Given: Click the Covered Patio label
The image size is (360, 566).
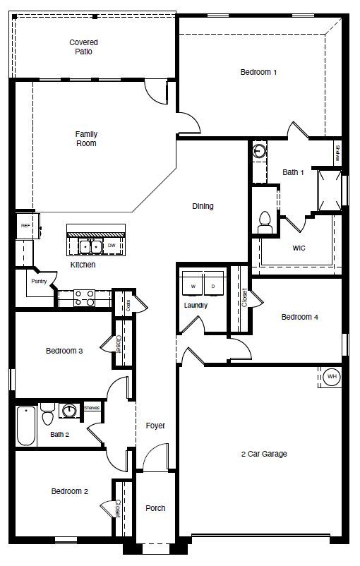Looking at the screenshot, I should (83, 47).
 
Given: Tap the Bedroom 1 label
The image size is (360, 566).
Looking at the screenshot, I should (258, 72).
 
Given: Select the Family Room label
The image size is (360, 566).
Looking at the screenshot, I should (86, 138).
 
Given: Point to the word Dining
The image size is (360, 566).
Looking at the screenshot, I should (203, 206).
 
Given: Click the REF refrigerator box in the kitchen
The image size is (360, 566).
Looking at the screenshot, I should (25, 226).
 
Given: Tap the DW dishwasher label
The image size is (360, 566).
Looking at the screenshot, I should (112, 246).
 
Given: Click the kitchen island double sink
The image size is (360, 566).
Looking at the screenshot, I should (89, 246).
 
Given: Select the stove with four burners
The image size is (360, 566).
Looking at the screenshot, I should (85, 298).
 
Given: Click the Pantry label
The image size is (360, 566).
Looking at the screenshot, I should (39, 281).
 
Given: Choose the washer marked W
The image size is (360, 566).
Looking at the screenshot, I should (192, 286).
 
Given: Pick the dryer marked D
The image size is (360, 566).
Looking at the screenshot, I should (213, 286).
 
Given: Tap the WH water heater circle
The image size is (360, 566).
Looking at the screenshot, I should (332, 377).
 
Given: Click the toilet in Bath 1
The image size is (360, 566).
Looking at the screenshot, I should (265, 222).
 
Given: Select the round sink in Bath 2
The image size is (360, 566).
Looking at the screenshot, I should (69, 411).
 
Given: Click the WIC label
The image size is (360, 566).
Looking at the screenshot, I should (299, 248).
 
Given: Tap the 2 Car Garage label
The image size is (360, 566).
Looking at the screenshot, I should (263, 454).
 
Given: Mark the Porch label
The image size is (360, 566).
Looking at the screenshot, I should (155, 508).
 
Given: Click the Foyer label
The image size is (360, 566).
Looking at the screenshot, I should (155, 426).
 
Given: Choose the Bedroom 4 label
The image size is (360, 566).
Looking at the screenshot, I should (300, 317).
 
